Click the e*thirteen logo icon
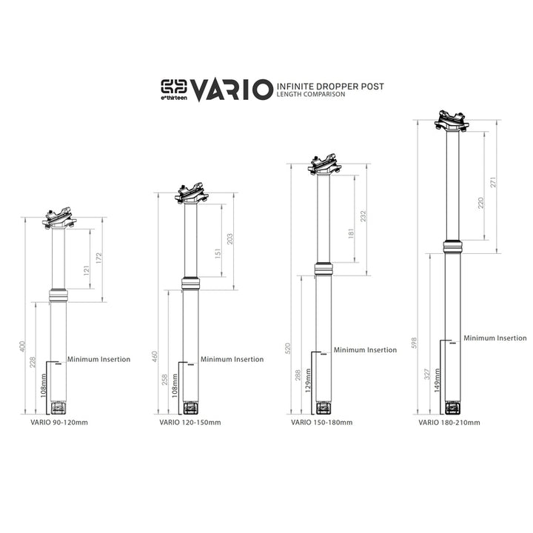click(x=175, y=87)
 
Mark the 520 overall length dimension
click(x=286, y=348)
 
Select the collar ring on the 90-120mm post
click(x=58, y=295)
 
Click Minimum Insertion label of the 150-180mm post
click(x=365, y=350)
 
